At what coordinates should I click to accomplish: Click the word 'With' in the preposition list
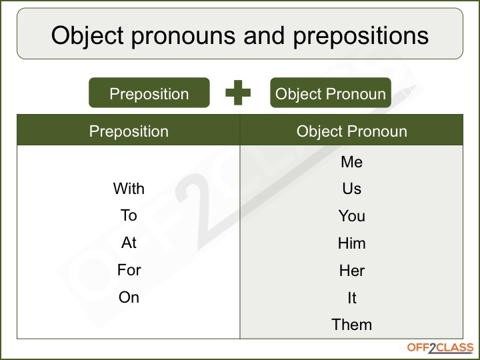point(129,189)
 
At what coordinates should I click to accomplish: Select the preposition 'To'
point(129,215)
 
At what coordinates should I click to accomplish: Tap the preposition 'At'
point(129,243)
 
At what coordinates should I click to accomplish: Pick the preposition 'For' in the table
point(129,270)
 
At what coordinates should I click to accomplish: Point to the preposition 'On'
point(129,297)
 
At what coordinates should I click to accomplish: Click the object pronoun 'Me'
point(351,162)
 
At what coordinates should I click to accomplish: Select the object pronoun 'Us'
point(351,189)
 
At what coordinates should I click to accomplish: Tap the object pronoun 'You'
point(351,216)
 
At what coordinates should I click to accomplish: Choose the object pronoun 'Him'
point(351,243)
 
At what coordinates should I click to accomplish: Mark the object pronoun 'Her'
point(351,271)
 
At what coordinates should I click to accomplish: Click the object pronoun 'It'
point(351,298)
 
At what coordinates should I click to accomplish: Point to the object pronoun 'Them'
point(351,325)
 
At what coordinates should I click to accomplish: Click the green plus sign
point(238,93)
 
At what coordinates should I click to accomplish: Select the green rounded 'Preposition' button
point(149,93)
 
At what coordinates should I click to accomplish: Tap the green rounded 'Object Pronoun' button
point(330,93)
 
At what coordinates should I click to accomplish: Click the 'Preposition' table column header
point(129,131)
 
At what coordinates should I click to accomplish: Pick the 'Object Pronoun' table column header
point(351,131)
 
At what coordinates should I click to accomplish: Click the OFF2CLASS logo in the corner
point(440,348)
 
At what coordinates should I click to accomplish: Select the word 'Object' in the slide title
point(91,35)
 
